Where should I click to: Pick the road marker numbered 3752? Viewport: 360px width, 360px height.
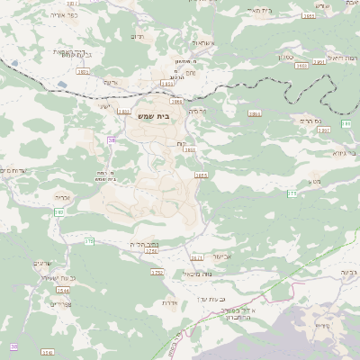(x=157, y=271)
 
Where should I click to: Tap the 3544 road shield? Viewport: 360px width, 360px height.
(x=62, y=291)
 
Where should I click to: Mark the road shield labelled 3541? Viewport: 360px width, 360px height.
(x=47, y=353)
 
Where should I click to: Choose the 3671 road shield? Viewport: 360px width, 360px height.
(x=197, y=258)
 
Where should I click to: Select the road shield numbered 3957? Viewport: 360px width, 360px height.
(x=323, y=130)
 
